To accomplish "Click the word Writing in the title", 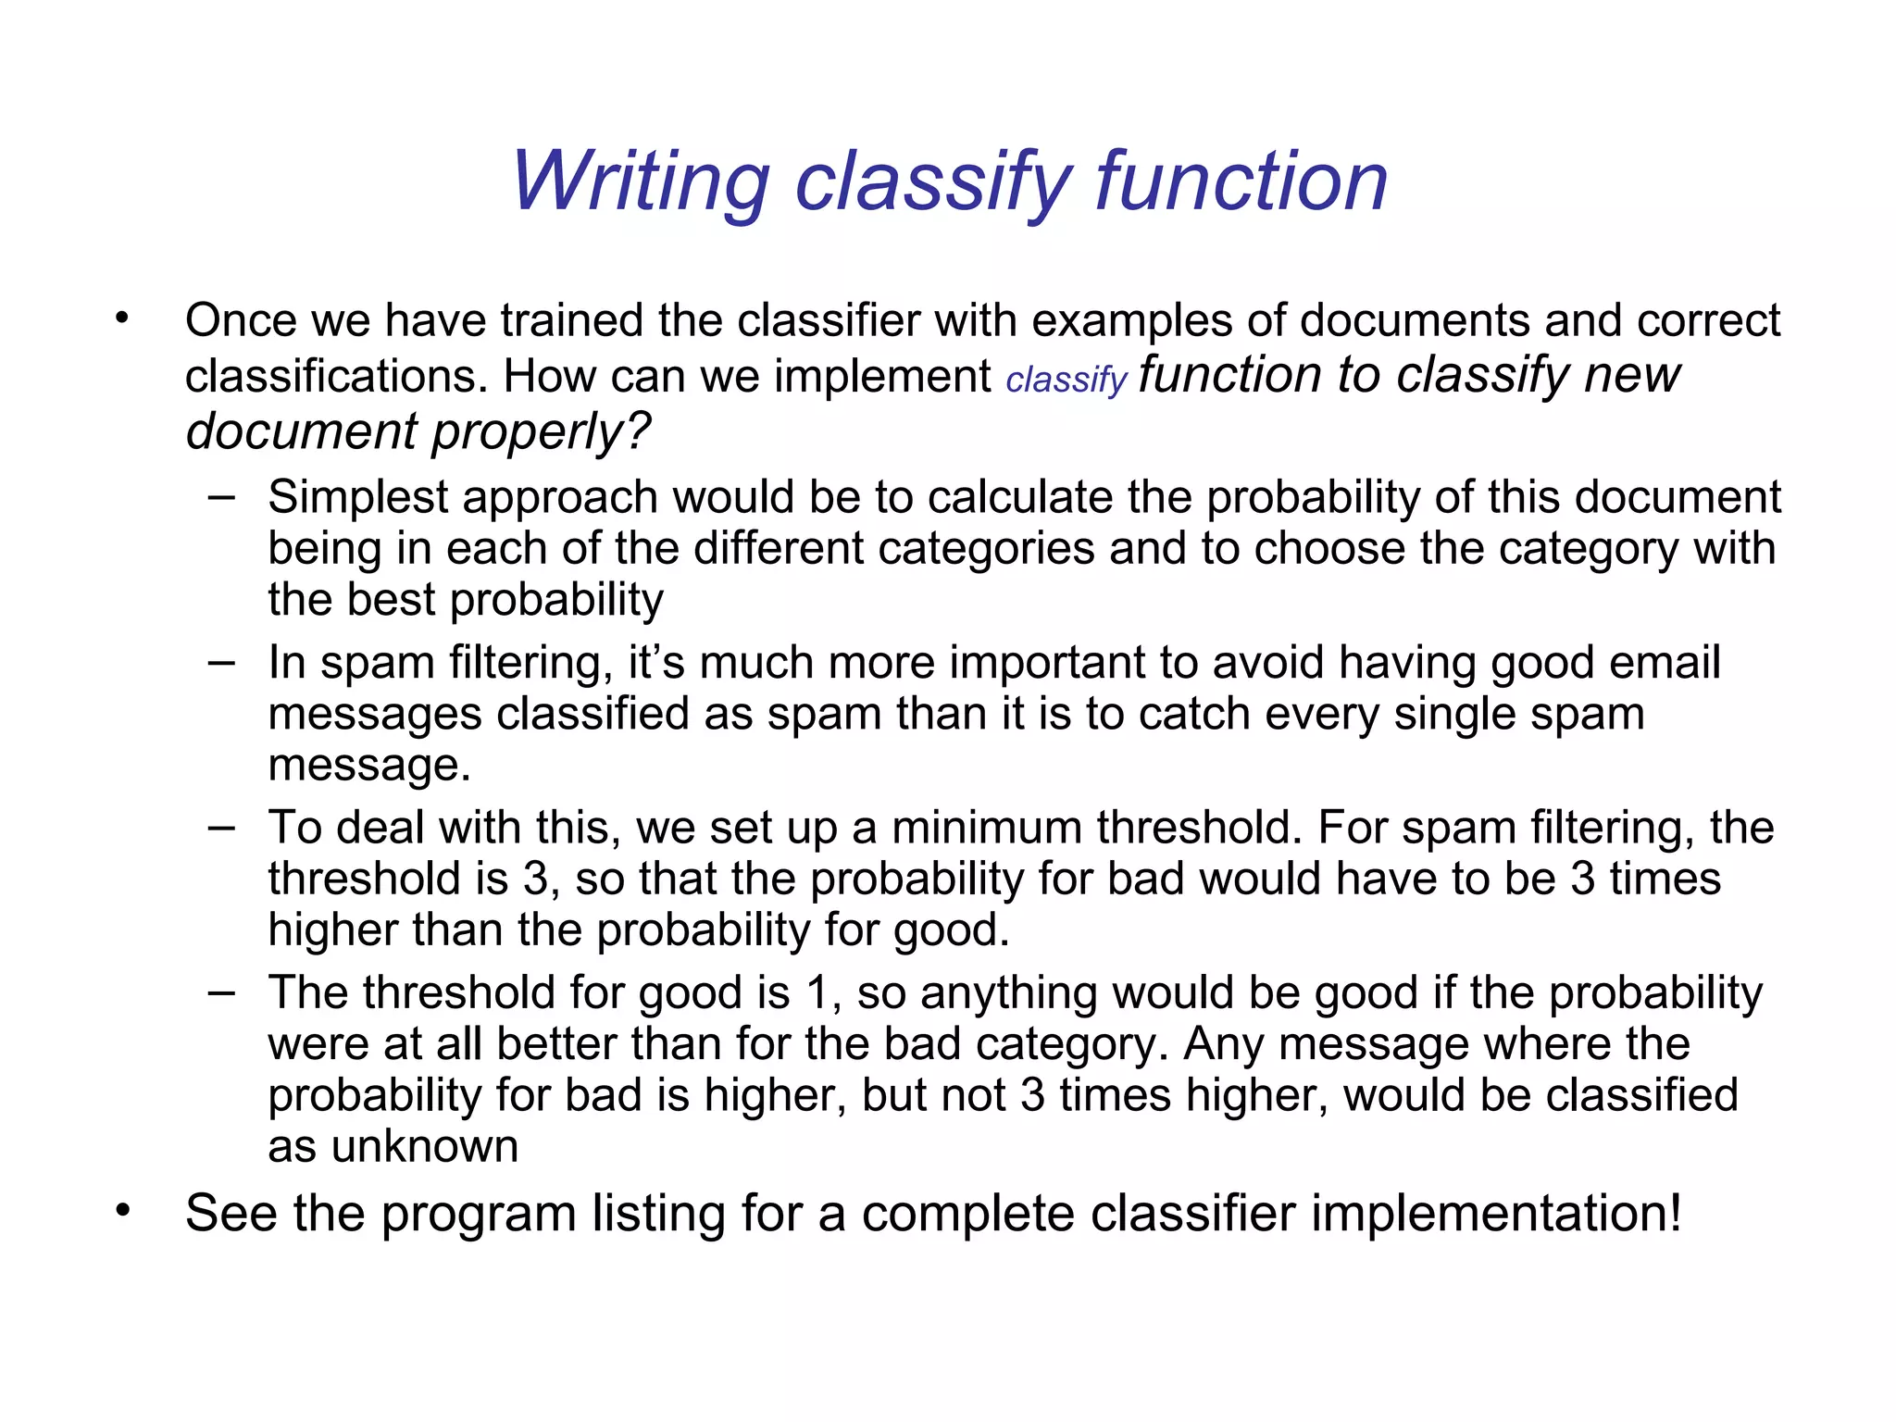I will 640,182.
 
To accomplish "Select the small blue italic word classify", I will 1066,380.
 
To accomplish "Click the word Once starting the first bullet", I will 241,321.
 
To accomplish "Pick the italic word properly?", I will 542,431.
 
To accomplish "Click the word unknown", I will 425,1147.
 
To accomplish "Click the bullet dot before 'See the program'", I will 123,1210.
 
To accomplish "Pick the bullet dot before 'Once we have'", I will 123,318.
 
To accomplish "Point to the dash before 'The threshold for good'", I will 221,992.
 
